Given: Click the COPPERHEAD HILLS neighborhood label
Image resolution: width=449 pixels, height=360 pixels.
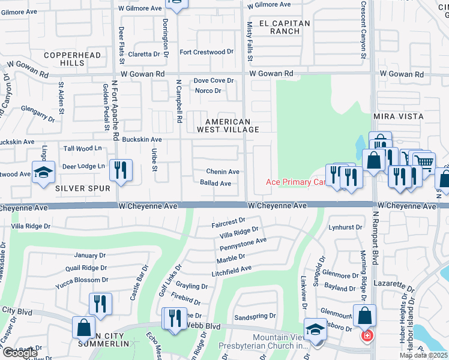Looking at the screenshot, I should point(63,58).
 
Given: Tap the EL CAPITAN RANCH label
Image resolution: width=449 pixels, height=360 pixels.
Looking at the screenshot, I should point(285,28).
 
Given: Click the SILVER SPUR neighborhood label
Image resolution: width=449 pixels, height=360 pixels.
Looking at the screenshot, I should point(83,188).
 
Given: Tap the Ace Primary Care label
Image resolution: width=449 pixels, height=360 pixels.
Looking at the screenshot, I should point(295,182).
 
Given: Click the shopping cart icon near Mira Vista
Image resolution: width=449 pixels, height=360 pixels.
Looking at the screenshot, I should point(424,161).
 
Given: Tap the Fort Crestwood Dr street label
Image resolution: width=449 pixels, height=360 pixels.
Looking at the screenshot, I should point(206,52).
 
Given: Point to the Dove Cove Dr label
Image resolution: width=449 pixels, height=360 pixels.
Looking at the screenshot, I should point(213,80).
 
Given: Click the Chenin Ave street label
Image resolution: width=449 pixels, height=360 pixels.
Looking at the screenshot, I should point(223,172).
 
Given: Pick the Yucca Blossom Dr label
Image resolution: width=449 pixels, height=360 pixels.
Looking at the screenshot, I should point(81,280).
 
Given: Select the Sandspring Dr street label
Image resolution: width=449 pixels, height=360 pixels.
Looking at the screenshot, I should point(255,316).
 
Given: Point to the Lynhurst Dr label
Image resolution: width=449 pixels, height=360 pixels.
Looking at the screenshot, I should point(346,227).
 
